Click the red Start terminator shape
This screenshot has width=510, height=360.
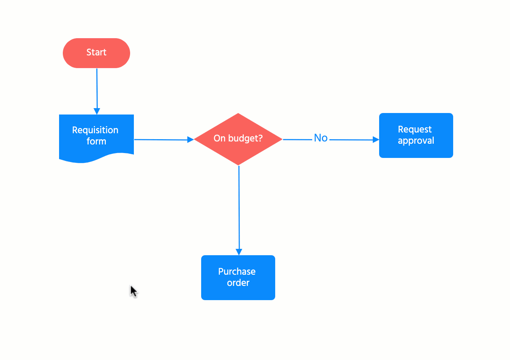(96, 53)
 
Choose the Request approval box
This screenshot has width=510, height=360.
(416, 135)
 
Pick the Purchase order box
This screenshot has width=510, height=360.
(238, 277)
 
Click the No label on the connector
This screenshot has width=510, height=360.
(321, 138)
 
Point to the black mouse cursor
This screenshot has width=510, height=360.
(133, 291)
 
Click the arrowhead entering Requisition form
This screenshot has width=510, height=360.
(97, 111)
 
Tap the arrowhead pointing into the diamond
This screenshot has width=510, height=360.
(190, 140)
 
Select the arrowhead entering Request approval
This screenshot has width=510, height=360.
(376, 140)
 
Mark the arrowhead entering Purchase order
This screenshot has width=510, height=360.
(239, 252)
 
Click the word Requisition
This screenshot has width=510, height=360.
(95, 130)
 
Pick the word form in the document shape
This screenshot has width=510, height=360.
(96, 141)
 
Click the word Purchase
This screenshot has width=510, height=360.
(237, 271)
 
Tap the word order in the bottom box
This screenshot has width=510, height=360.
(238, 283)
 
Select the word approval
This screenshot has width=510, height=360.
(416, 141)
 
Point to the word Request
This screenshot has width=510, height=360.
(415, 129)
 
